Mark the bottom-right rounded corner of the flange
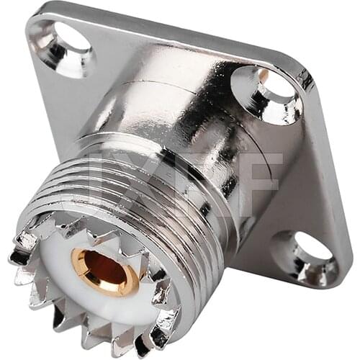(338, 277)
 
